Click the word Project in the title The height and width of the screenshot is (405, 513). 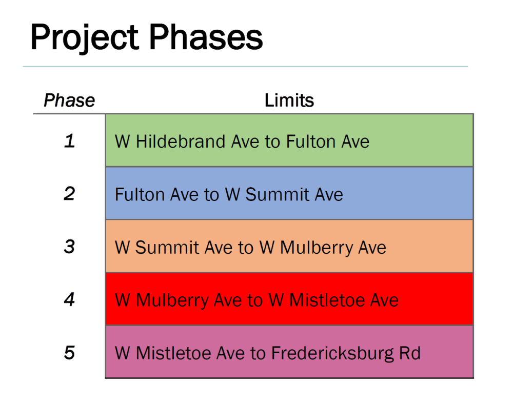(x=85, y=38)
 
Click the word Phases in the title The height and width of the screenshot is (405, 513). (x=206, y=37)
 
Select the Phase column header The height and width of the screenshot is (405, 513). (x=69, y=100)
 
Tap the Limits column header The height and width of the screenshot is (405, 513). (x=289, y=100)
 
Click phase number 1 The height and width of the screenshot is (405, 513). (x=69, y=141)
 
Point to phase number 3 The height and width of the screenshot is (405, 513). (x=69, y=247)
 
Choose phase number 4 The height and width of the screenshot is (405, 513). (x=69, y=299)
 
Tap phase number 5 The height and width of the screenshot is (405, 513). (x=69, y=353)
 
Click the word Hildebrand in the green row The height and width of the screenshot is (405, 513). (x=181, y=141)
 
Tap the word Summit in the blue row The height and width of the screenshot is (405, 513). (x=278, y=194)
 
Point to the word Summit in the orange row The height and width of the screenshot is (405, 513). (x=167, y=248)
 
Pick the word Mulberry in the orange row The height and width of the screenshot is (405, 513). (x=317, y=248)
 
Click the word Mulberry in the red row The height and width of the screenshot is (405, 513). (x=172, y=301)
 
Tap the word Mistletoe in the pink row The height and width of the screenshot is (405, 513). (x=174, y=353)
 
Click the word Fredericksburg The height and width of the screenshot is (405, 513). (x=332, y=354)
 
